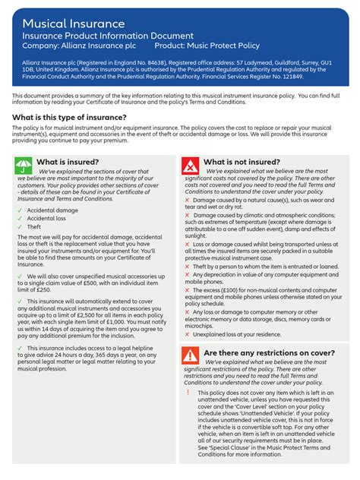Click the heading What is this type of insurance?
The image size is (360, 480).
[69, 117]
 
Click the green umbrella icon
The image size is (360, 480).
[23, 166]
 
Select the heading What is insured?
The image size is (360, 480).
[68, 162]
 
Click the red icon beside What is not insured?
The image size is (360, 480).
[190, 166]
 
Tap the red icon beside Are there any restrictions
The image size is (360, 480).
[190, 355]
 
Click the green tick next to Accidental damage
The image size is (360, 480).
[19, 209]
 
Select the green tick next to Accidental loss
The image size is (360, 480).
[19, 217]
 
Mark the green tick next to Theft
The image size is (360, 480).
[19, 226]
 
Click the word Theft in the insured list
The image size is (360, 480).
[34, 226]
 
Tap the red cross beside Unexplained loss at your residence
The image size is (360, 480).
[187, 333]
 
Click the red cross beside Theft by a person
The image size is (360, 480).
[187, 267]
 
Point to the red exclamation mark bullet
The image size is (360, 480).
[188, 393]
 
